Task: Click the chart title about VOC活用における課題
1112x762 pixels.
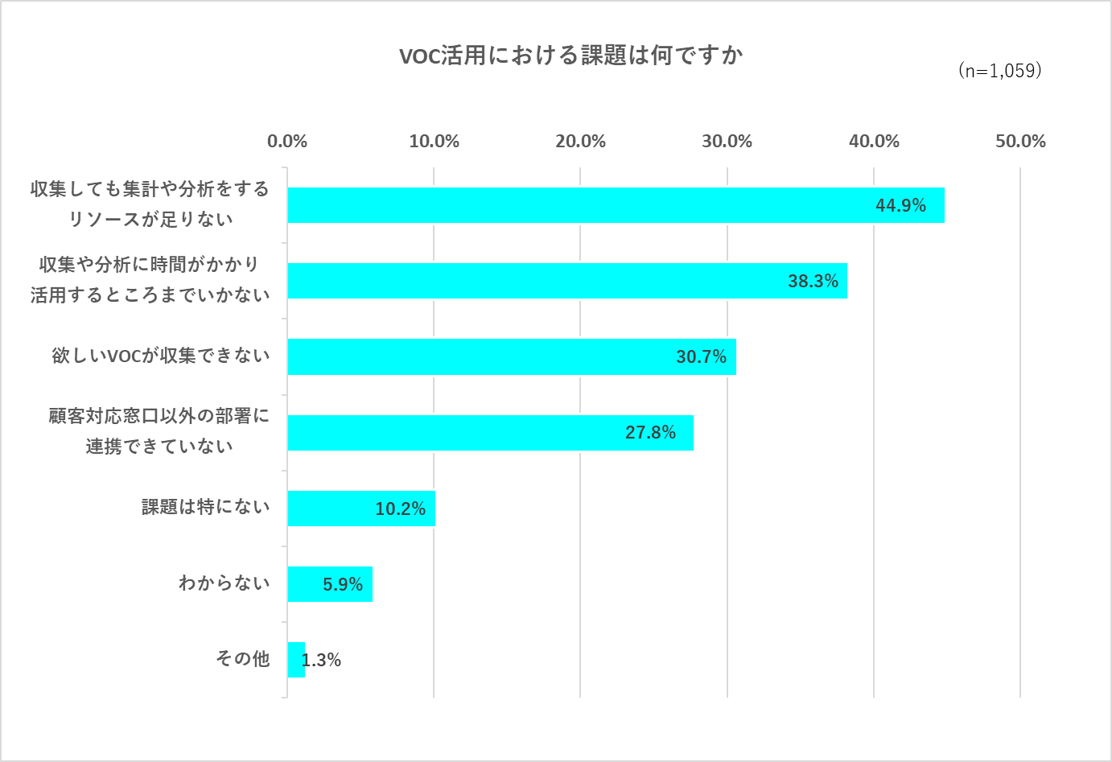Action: pos(570,56)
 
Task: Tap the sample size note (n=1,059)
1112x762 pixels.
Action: pos(1000,71)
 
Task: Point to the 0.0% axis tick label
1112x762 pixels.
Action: pos(287,142)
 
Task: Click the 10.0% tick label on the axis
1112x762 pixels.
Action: pos(434,142)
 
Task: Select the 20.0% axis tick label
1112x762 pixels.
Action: pos(580,142)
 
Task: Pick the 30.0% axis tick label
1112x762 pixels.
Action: pos(727,142)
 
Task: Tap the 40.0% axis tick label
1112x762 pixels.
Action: pos(874,142)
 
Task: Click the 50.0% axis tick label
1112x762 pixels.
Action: pos(1020,142)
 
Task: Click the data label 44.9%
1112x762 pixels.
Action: pos(900,206)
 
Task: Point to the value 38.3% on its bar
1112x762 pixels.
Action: pos(813,282)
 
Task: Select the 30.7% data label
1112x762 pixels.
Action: pos(701,357)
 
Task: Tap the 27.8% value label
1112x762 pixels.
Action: pos(650,433)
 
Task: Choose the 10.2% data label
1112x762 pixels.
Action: pos(400,509)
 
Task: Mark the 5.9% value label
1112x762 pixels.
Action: pos(343,585)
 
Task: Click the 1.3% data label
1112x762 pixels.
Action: pos(322,661)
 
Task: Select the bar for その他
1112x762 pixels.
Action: pos(295,660)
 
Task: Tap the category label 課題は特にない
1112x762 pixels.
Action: pos(205,507)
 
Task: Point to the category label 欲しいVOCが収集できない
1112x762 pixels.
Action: pos(161,356)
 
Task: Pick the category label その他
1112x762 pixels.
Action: pos(242,659)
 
